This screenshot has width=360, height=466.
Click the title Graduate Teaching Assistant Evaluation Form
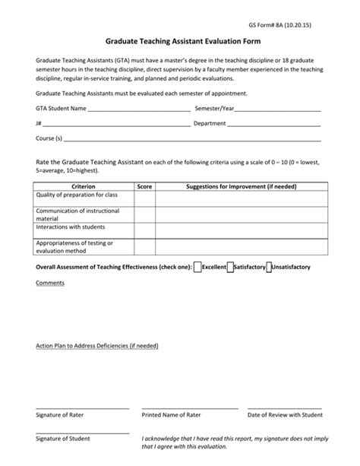click(x=179, y=44)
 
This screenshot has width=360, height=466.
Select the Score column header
click(x=144, y=185)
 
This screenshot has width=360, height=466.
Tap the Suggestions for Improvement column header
click(x=241, y=185)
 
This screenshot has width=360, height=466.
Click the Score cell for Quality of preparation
click(x=144, y=198)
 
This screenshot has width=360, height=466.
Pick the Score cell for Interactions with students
click(x=144, y=230)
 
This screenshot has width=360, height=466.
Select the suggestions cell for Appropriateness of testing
click(x=241, y=246)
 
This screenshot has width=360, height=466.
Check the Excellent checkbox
click(x=198, y=267)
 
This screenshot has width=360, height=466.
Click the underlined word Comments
click(x=50, y=284)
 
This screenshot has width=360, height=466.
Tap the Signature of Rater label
click(x=62, y=415)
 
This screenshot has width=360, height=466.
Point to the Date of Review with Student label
click(x=286, y=415)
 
